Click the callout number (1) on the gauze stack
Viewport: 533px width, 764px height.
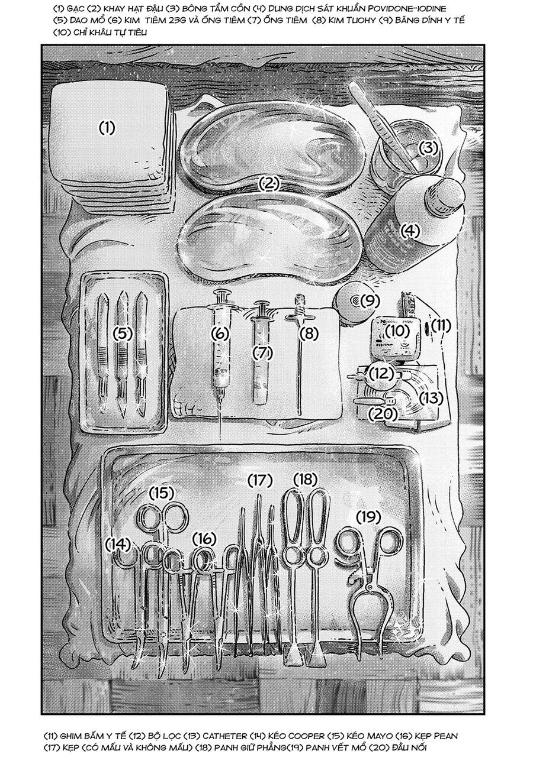click(107, 127)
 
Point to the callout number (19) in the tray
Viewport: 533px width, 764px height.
click(368, 517)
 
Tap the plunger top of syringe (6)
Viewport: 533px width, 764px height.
click(221, 294)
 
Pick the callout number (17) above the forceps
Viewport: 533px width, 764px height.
click(259, 480)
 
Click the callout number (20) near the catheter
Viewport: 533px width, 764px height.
click(382, 415)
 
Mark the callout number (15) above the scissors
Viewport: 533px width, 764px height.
click(161, 492)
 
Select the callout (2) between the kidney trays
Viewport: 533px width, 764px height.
click(269, 184)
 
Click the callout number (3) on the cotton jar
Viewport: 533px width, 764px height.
click(428, 147)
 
